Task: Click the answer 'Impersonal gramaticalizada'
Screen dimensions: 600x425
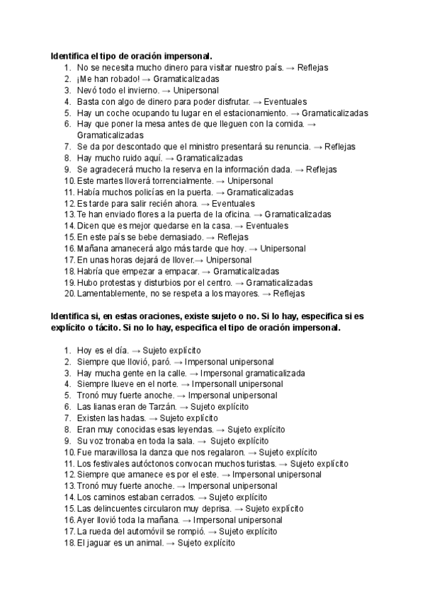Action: tap(253, 373)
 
